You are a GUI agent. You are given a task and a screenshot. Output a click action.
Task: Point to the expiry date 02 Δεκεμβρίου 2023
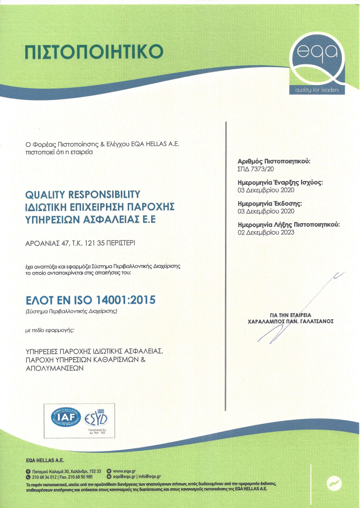[266, 232]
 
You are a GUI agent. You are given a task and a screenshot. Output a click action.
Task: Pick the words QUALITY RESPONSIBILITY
[82, 195]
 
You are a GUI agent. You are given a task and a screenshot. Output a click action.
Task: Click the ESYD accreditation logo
[96, 416]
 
